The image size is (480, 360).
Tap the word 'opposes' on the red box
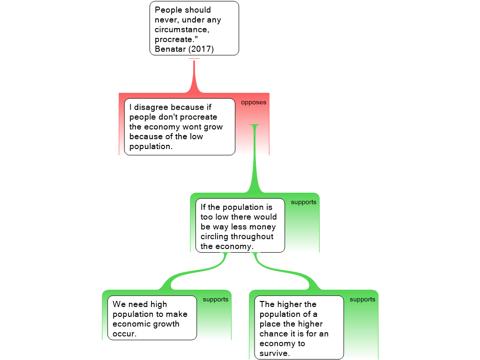254,102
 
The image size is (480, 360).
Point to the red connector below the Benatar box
194,75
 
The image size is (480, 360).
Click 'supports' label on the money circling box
304,202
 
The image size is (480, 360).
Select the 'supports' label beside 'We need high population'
216,299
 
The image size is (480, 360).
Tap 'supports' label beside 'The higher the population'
362,299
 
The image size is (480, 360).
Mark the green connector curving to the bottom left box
192,274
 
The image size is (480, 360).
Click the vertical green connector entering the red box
255,159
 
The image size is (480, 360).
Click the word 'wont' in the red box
192,127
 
